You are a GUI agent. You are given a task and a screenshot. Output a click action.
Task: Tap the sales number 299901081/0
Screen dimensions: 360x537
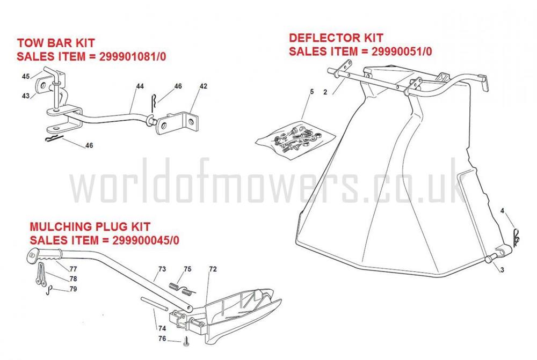click(x=133, y=56)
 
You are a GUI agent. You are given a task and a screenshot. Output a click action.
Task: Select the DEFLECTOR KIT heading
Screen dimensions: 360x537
click(x=336, y=38)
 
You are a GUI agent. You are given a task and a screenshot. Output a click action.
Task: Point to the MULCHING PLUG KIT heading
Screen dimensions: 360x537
click(x=90, y=227)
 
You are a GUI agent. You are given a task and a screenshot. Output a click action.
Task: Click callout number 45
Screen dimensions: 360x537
click(x=25, y=77)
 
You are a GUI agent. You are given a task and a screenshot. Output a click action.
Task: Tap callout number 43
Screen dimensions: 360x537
click(x=25, y=96)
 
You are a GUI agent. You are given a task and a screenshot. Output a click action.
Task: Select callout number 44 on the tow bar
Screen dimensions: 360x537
click(x=140, y=86)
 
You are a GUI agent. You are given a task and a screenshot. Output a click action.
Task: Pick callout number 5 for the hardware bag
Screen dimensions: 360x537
click(x=310, y=93)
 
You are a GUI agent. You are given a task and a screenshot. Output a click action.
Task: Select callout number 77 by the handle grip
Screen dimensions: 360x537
click(x=73, y=268)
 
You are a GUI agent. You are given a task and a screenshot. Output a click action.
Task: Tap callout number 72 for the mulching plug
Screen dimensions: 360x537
click(x=213, y=268)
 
